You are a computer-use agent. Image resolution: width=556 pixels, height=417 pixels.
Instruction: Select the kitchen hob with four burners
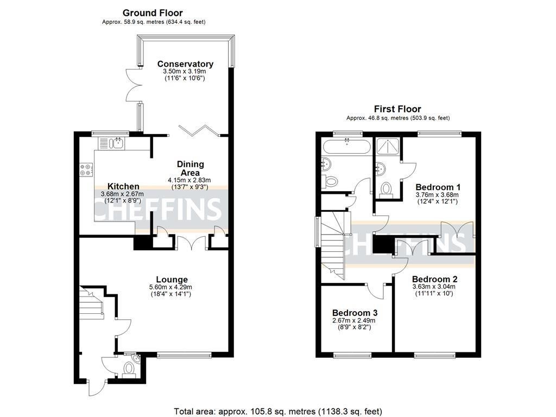86,169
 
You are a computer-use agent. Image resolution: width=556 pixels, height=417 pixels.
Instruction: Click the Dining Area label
190,168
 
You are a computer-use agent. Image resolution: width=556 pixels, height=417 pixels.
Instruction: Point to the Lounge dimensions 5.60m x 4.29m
170,287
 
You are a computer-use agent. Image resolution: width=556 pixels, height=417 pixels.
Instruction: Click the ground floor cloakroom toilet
129,369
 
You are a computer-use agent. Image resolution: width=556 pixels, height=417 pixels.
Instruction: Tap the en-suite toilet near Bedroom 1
386,188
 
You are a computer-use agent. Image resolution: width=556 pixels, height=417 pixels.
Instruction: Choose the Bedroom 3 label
355,313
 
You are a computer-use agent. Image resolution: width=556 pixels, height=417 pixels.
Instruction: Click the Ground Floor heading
153,12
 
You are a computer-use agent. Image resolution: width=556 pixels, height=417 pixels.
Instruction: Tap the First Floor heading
397,109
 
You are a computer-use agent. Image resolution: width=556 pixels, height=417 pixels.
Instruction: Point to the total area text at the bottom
277,411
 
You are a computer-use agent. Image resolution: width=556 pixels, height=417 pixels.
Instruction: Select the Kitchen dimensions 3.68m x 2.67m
122,194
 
